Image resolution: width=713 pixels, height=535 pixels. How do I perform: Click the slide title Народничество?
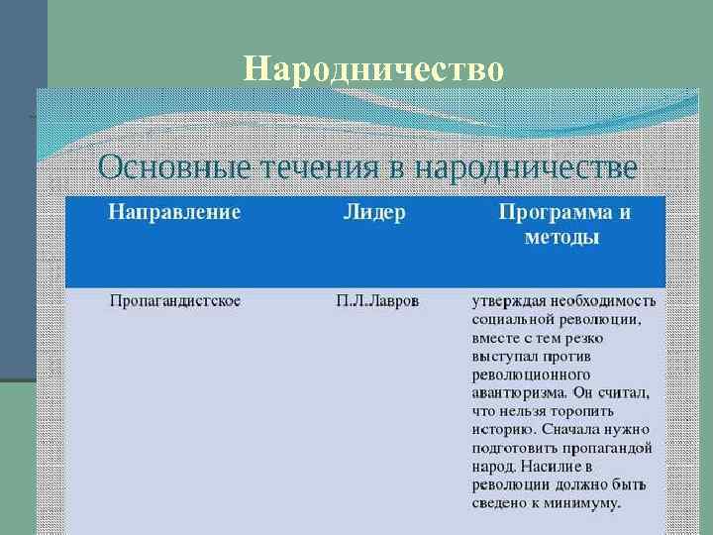(x=373, y=69)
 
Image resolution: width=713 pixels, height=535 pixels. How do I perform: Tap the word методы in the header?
(x=560, y=238)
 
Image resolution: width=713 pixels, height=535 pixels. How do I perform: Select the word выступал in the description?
(x=504, y=356)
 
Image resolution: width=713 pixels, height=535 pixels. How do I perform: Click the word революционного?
(x=530, y=374)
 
